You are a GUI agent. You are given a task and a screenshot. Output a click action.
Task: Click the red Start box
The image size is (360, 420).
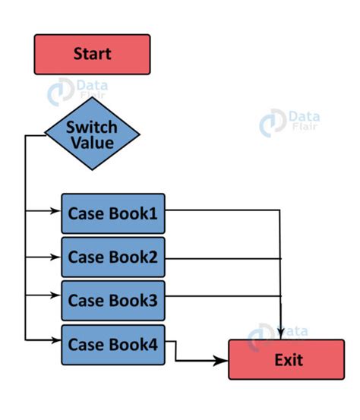(x=92, y=54)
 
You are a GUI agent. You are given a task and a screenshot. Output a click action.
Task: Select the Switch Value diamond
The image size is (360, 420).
(x=92, y=134)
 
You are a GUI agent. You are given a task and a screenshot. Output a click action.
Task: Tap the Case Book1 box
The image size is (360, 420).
(x=113, y=213)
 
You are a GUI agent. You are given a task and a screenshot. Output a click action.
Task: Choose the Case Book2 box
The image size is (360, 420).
(x=113, y=257)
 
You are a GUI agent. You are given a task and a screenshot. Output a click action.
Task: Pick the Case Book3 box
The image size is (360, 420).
(x=113, y=300)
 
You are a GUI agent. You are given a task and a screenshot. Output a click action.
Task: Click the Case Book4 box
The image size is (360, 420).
(x=113, y=343)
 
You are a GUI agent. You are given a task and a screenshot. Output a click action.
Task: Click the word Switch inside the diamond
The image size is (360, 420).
(x=92, y=126)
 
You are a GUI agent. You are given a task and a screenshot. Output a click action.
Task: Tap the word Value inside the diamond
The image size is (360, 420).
(x=92, y=143)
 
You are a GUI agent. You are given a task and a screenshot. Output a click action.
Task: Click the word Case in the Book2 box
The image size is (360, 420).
(x=85, y=257)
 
